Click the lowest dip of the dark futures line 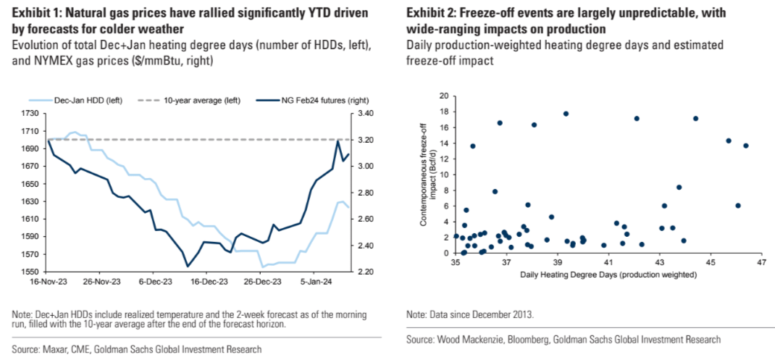click(188, 267)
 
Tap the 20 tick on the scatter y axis click(443, 96)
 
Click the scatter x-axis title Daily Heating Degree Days click(608, 275)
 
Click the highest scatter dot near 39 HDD click(566, 114)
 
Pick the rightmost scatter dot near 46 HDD click(746, 146)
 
